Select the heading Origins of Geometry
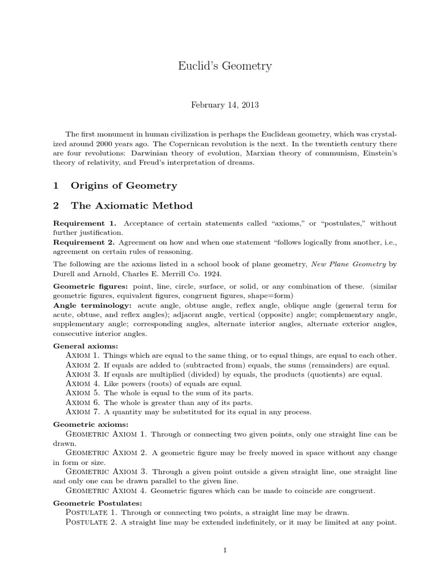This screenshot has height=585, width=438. tap(123, 185)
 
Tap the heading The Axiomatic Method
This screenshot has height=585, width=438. tap(131, 206)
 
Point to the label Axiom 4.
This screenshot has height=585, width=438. tap(83, 384)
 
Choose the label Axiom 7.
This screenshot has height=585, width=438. tap(83, 412)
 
